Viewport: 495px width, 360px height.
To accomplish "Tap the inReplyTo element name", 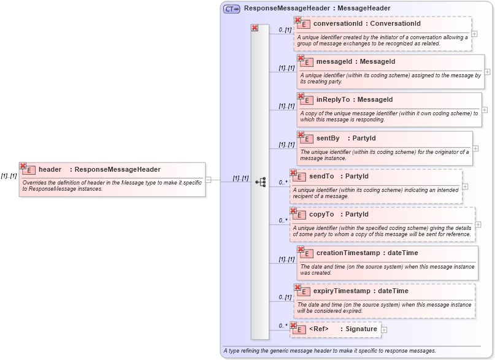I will [x=332, y=100].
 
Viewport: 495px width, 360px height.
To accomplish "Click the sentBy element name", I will [x=328, y=139].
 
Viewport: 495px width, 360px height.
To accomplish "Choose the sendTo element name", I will [x=321, y=177].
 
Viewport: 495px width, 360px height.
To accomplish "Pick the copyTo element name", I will [x=321, y=215].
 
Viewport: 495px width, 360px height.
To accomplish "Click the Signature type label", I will [x=361, y=329].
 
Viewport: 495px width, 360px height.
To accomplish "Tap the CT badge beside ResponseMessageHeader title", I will [x=231, y=9].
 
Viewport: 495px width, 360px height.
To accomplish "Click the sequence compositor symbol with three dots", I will [x=261, y=182].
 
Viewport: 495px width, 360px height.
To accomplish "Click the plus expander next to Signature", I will [x=384, y=330].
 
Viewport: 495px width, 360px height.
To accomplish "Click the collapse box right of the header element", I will [x=209, y=180].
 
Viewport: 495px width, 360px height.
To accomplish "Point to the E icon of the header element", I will [x=28, y=170].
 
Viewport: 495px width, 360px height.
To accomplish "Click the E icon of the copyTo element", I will [x=299, y=215].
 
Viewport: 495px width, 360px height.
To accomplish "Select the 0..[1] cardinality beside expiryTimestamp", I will [x=285, y=297].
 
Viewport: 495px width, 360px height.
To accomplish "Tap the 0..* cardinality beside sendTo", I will [x=283, y=182].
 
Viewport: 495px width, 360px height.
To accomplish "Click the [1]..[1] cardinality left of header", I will [x=9, y=176].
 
